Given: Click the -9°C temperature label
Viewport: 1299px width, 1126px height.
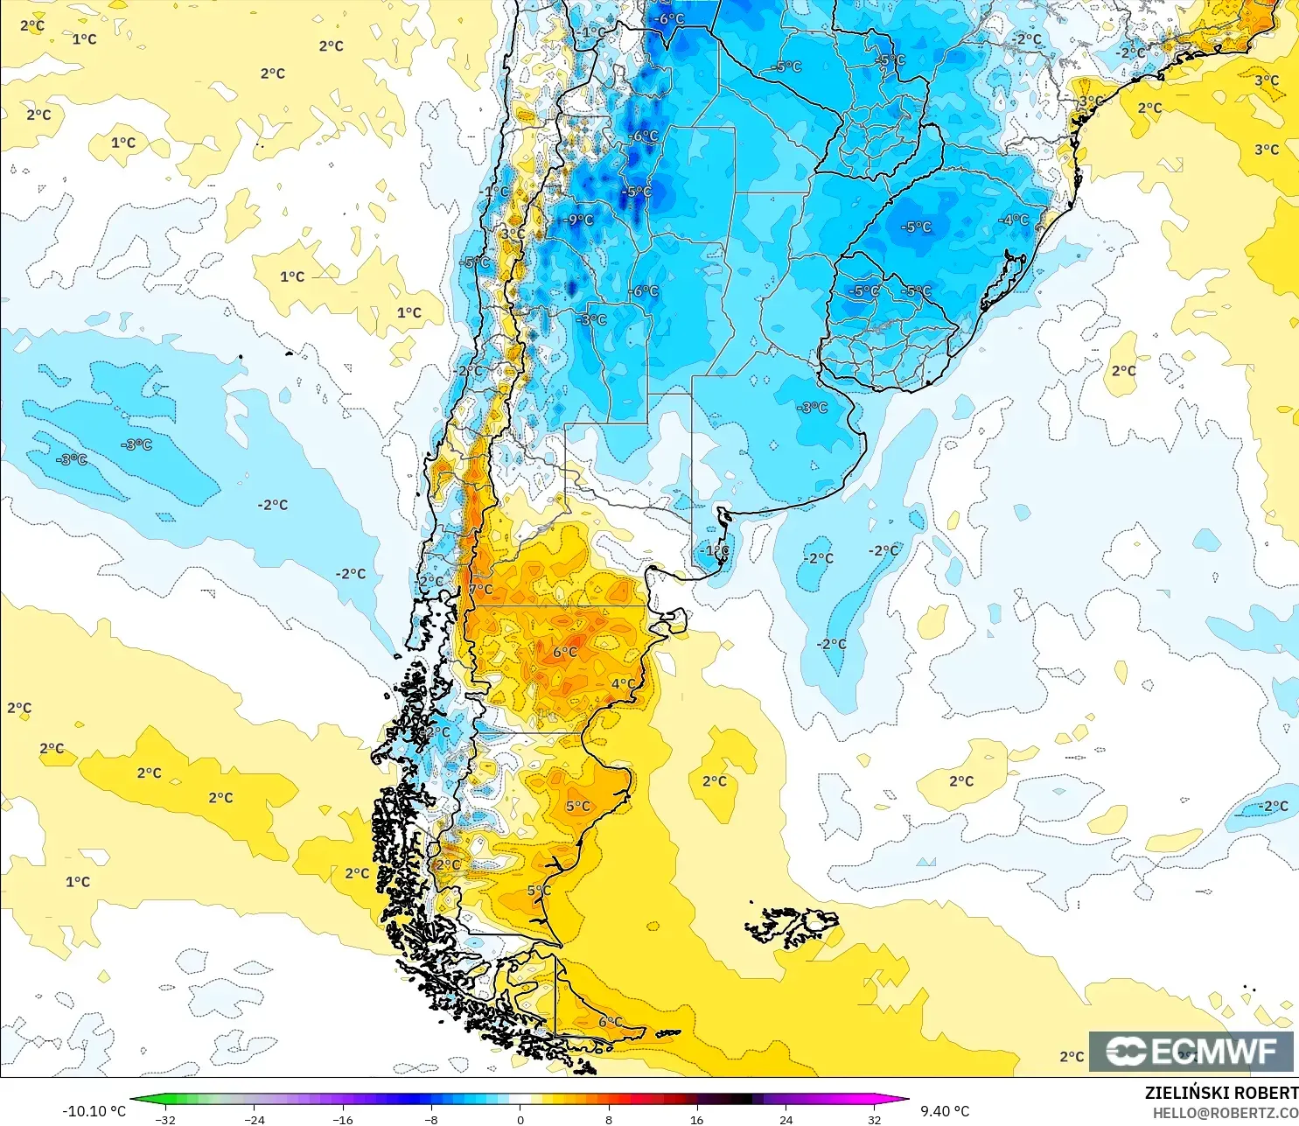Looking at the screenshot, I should [578, 220].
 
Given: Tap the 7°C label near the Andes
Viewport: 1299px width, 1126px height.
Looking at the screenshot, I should [481, 590].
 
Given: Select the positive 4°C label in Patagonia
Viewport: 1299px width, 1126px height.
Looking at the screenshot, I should [623, 683].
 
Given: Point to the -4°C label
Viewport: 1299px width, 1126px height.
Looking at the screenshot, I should [1014, 220].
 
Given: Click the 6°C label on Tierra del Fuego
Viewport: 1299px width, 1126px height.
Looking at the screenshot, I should [611, 1021].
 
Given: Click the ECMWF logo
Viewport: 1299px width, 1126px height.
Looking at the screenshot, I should [1191, 1051].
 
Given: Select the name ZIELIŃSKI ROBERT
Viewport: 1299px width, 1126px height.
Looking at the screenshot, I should [1221, 1093].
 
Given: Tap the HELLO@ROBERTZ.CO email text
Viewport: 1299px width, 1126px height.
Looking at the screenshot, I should [1225, 1113].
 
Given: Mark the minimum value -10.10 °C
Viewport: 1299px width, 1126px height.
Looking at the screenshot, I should [94, 1111].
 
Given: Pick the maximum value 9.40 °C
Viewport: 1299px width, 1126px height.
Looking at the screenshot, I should [945, 1111].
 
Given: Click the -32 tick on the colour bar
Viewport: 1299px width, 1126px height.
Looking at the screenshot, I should [164, 1119].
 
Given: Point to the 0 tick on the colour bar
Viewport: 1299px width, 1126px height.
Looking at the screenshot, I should [520, 1119].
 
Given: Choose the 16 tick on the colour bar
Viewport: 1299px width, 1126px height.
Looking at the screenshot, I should [696, 1119].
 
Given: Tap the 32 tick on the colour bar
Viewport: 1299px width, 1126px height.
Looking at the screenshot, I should [874, 1119].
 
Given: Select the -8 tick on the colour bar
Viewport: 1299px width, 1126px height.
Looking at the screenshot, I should [430, 1119].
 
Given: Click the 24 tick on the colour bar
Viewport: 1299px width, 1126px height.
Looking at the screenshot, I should [786, 1119].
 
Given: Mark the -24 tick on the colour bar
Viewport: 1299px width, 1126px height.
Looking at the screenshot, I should [254, 1119].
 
